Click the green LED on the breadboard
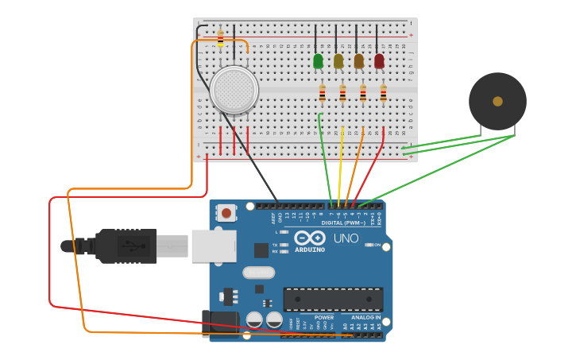(x=318, y=60)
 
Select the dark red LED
(x=379, y=60)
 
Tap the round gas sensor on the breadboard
(x=234, y=89)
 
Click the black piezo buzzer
(x=497, y=101)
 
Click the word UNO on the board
(x=346, y=238)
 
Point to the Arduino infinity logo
(x=309, y=238)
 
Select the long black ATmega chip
(x=333, y=300)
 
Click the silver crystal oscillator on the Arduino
(x=258, y=273)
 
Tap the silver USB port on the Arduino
(x=213, y=246)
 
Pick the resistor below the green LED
(x=322, y=94)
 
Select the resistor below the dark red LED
(x=383, y=94)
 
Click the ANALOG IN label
(x=366, y=317)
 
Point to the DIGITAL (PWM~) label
(x=342, y=223)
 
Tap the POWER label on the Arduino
(x=324, y=317)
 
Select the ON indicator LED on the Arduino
(x=369, y=245)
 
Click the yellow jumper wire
(x=340, y=167)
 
